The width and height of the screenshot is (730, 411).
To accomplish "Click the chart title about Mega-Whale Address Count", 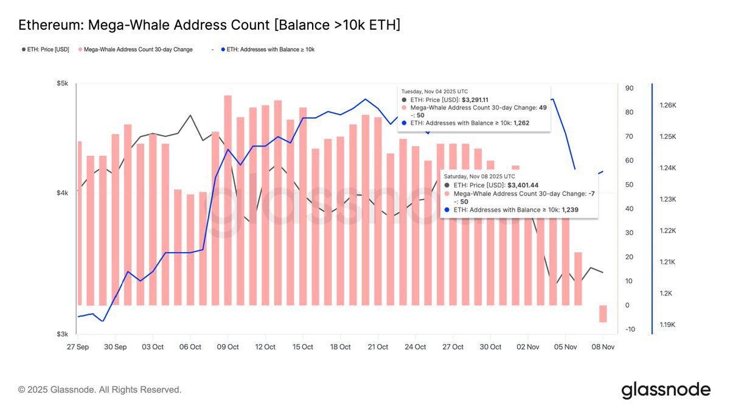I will click(209, 25).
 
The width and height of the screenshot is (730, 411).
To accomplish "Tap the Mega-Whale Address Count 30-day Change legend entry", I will click(137, 49).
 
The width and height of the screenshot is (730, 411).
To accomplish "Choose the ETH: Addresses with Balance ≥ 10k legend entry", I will click(270, 49).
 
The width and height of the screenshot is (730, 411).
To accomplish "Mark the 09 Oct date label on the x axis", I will click(228, 347).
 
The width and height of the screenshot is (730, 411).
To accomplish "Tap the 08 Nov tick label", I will click(602, 347).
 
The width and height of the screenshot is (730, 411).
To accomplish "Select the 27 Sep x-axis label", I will click(77, 347).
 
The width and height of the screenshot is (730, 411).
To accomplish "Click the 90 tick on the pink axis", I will click(630, 88).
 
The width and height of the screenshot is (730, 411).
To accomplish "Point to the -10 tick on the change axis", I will click(630, 329).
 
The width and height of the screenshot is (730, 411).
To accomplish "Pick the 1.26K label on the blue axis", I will click(668, 105).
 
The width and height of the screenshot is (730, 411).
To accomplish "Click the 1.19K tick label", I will click(668, 325).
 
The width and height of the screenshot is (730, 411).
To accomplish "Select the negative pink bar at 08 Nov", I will click(603, 314).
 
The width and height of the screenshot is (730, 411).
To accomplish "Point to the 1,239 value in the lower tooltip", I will click(570, 209).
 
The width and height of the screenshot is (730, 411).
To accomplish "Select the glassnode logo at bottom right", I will click(666, 390).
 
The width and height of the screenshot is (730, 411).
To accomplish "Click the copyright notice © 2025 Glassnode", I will click(100, 390).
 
